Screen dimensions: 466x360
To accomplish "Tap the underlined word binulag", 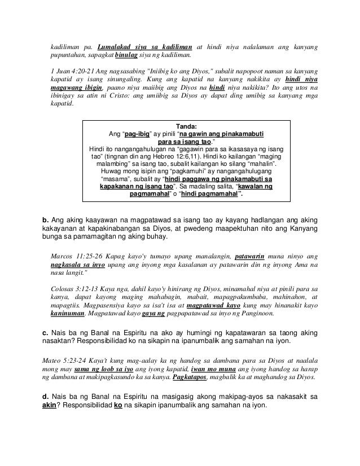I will pyautogui.click(x=128, y=56).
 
